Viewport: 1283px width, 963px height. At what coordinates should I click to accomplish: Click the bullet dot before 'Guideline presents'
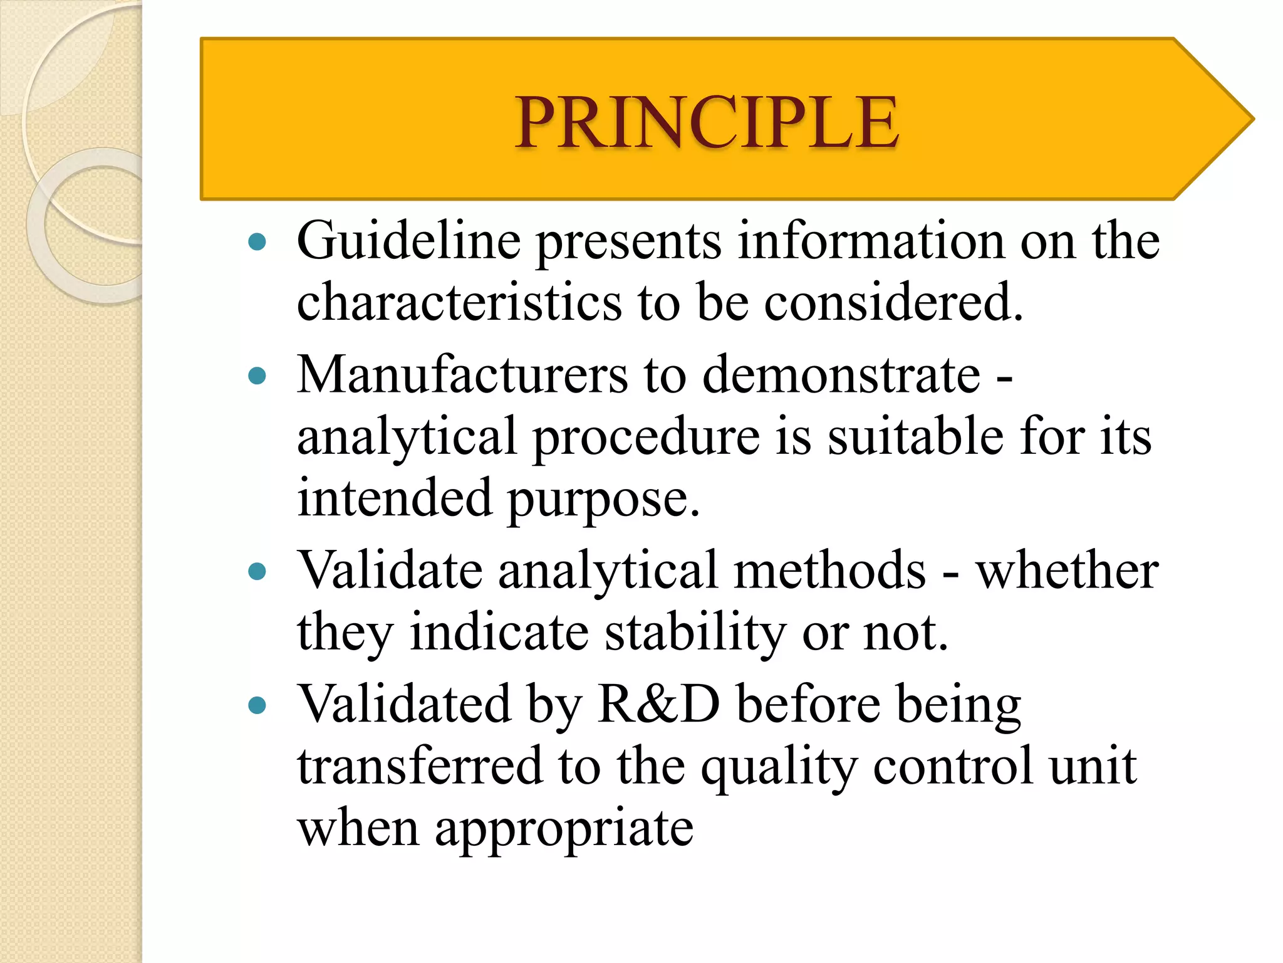[257, 241]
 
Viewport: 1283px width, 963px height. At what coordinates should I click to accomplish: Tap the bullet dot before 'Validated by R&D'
[257, 705]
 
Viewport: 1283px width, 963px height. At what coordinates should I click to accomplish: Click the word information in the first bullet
[871, 241]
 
